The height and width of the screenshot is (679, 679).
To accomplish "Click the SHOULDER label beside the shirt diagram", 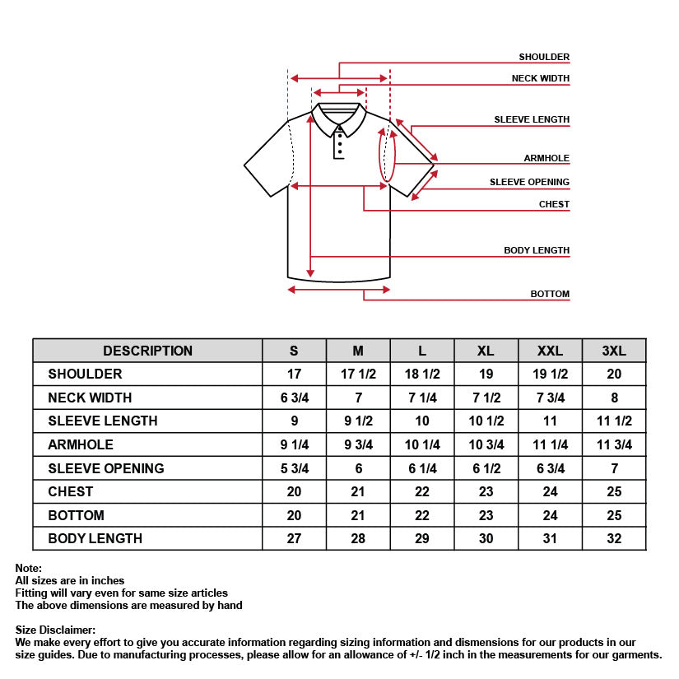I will coord(544,58).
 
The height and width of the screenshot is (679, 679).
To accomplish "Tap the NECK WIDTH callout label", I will coord(541,79).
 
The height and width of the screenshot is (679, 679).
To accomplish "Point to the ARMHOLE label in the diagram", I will coord(546,159).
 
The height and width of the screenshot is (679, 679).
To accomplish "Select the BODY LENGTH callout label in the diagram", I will coord(537,251).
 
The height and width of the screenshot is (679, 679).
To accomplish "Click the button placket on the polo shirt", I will coord(339,143).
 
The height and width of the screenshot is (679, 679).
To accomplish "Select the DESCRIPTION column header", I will coord(147,351).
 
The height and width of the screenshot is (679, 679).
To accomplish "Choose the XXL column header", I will coord(550,351).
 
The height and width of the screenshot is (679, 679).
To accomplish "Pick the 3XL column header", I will coord(614,351).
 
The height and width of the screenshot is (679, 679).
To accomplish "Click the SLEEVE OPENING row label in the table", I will coord(106,468).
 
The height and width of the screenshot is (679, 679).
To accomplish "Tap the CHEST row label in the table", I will coord(71,492).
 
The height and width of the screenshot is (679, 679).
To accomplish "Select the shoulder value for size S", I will coord(294,374).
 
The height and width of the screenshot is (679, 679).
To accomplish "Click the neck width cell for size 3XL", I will coord(614,398).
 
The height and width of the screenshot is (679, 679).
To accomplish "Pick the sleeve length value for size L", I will coord(422,421).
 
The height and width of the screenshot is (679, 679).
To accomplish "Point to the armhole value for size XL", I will coord(486,445).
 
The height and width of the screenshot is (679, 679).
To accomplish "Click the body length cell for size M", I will coord(358,539).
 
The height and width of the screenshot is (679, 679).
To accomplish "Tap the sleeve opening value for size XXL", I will coord(550,468).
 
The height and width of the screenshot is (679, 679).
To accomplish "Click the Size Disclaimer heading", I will coord(55,630).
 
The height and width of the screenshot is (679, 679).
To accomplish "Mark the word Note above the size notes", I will coord(28,569).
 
